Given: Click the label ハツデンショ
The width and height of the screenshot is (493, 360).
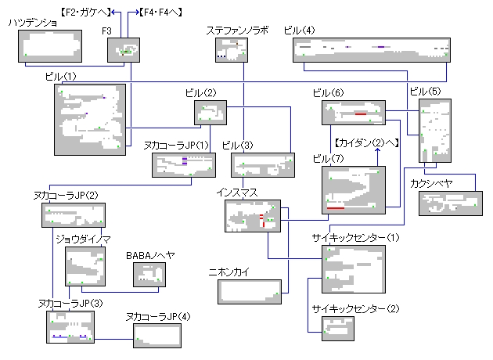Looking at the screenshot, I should point(33,23).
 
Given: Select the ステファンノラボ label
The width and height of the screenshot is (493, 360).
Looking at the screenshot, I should point(237,31).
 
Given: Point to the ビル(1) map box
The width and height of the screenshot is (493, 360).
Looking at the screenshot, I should point(90,118).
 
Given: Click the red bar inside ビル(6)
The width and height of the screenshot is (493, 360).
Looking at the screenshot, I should point(360,114).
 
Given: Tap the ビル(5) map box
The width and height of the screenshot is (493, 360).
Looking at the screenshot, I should point(435,130).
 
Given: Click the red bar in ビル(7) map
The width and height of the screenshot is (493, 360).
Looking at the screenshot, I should point(336,208).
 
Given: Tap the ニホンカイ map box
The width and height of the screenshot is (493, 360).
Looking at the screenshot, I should point(249,290).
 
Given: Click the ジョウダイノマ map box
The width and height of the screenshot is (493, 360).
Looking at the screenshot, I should point(85,268).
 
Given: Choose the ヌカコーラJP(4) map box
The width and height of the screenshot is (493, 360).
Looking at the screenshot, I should point(161,335).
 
